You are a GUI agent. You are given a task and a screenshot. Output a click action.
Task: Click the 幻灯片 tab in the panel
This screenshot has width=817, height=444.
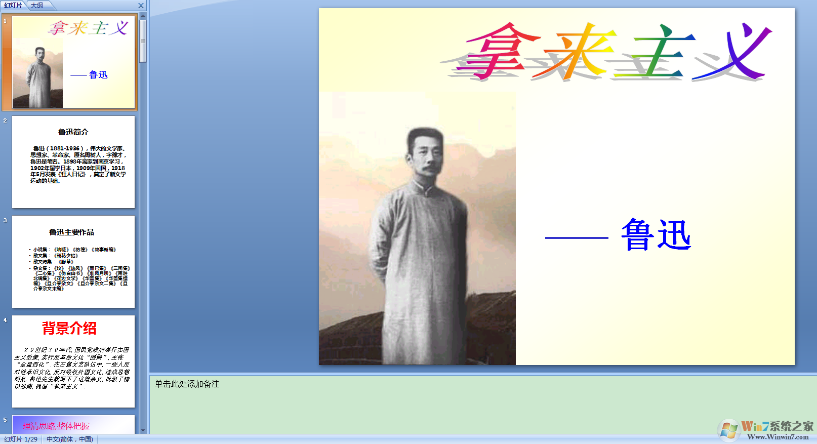click(13, 5)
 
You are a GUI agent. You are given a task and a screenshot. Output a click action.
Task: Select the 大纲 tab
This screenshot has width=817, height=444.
click(37, 5)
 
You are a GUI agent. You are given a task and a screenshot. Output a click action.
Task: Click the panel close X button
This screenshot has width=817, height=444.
click(141, 6)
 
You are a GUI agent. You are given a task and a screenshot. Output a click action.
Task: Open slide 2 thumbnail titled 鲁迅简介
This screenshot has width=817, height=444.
click(73, 162)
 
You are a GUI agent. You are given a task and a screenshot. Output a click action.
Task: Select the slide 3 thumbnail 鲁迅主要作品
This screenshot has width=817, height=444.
click(73, 261)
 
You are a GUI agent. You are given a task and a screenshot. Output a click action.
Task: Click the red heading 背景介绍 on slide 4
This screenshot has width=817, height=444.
click(69, 329)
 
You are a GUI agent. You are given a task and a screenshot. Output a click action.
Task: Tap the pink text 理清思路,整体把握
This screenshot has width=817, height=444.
click(56, 426)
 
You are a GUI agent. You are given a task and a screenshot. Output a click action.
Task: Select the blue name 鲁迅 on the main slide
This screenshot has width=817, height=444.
click(656, 234)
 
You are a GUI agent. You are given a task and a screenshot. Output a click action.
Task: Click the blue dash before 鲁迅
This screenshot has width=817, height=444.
click(577, 237)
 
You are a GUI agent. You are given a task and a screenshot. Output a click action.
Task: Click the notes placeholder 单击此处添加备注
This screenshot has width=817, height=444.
click(187, 384)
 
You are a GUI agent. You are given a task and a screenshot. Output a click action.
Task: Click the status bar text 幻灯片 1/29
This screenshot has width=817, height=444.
click(21, 439)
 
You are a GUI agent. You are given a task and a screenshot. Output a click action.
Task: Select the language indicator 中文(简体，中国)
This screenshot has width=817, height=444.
click(70, 439)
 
